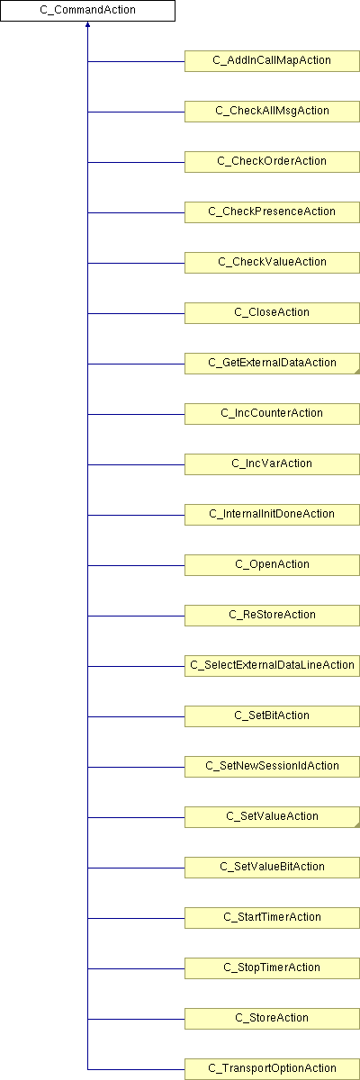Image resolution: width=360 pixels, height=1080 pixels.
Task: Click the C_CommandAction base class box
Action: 87,11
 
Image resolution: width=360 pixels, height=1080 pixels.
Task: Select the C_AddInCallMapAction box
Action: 273,61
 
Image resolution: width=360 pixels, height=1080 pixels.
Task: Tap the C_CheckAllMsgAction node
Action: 273,112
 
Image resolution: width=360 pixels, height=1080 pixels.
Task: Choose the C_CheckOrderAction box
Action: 273,162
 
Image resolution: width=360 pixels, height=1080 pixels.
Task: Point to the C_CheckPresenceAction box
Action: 273,212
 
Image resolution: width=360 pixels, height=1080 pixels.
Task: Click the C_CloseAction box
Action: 273,313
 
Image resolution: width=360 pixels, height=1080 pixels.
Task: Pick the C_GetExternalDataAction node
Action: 273,364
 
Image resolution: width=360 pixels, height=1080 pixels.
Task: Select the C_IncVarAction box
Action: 273,464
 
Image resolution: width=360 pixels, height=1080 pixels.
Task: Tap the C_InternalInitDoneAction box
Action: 273,515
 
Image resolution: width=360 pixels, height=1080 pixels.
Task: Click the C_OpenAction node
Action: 273,565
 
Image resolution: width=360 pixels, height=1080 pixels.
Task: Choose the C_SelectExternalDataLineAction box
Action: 273,666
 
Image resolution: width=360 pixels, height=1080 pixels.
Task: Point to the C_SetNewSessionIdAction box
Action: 273,767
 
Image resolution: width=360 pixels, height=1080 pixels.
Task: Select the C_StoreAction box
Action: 273,1018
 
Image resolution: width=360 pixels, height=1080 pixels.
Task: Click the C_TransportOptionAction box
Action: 273,1069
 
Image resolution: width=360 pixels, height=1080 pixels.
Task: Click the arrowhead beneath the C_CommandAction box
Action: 87,24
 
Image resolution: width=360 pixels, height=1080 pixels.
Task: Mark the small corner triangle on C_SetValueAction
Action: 357,825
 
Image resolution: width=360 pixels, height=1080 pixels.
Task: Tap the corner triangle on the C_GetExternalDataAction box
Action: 357,371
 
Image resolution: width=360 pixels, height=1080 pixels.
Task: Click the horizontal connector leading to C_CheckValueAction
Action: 137,263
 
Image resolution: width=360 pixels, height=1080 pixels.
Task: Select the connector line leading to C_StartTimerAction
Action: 137,919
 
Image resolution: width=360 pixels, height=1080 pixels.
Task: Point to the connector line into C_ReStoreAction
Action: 137,616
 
